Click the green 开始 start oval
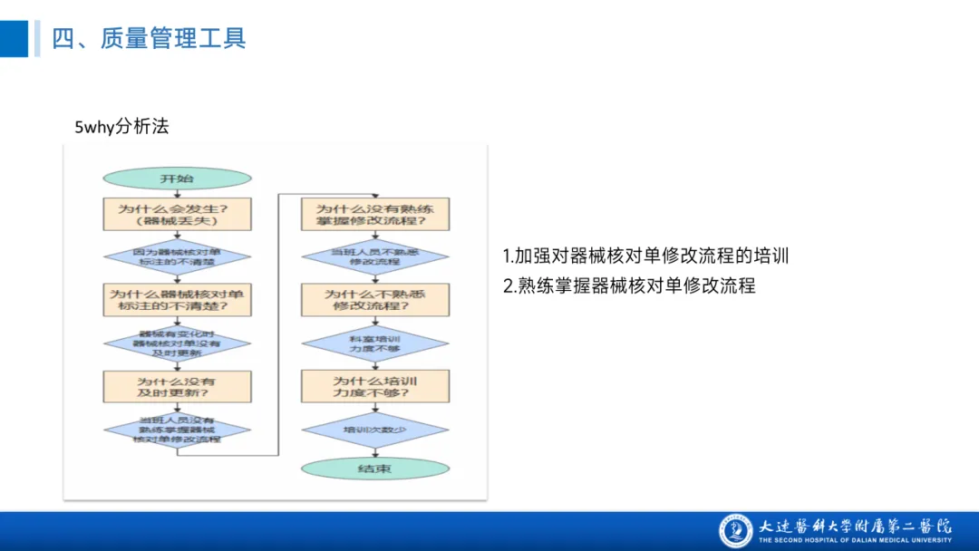(x=177, y=179)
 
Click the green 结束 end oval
(x=374, y=469)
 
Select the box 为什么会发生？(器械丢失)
(x=177, y=214)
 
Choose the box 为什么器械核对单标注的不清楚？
(x=177, y=300)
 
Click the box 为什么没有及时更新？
(x=177, y=387)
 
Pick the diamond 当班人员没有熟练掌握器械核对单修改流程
(x=177, y=428)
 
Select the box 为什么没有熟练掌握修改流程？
(x=374, y=213)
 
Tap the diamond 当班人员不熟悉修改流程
(x=374, y=256)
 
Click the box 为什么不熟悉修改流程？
(x=374, y=300)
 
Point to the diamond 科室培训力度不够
(x=374, y=343)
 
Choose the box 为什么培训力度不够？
(x=374, y=387)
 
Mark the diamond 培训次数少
(x=374, y=430)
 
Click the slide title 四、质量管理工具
(x=149, y=38)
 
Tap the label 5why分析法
(x=121, y=127)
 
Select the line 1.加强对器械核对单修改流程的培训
(x=645, y=256)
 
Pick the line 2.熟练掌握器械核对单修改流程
(x=629, y=285)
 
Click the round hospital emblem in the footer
(x=736, y=530)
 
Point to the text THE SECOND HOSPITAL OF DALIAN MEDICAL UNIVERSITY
(x=855, y=540)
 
